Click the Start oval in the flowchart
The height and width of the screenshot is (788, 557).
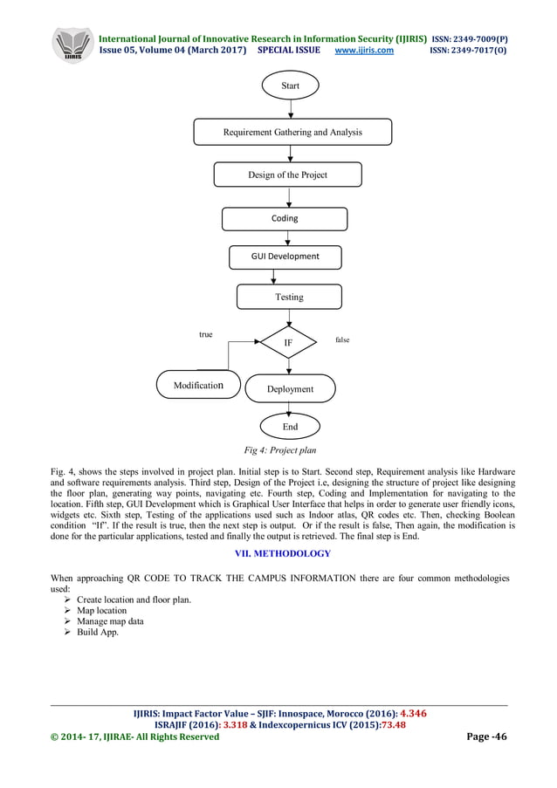coord(290,86)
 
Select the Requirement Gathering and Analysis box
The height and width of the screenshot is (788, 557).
coord(292,133)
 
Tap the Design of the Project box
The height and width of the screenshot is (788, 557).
coord(287,175)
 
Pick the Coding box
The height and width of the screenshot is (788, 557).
coord(285,218)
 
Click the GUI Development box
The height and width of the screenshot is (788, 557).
coord(285,257)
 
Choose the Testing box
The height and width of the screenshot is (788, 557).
coord(289,297)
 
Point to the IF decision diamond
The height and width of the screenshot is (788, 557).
coord(289,344)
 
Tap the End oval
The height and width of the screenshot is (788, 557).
coord(290,427)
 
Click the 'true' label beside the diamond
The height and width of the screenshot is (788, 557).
coord(205,334)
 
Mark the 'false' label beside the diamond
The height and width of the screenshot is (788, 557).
coord(341,339)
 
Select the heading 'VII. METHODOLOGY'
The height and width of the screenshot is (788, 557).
coord(278,553)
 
